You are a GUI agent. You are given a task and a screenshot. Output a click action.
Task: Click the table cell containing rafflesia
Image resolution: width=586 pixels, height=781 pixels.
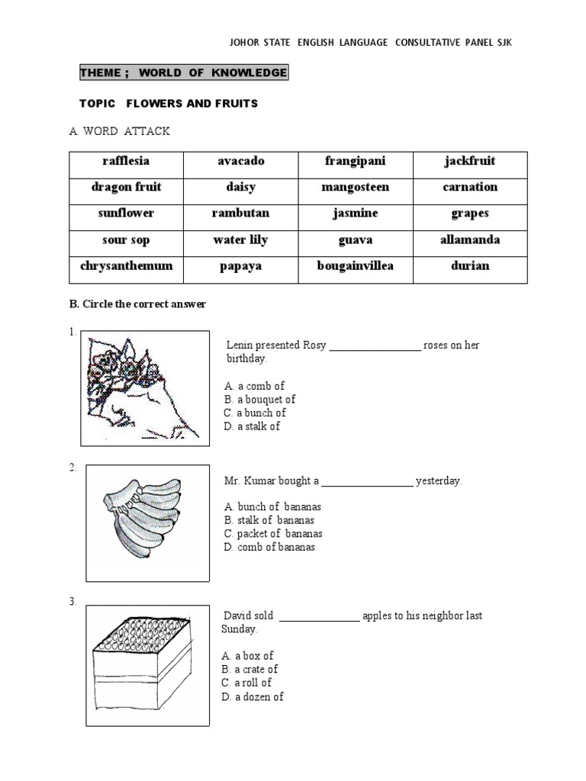point(126,161)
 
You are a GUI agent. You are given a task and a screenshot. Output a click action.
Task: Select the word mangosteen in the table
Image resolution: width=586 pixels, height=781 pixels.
point(355,187)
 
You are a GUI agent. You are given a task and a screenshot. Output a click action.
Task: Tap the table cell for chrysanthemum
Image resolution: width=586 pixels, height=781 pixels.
point(126,266)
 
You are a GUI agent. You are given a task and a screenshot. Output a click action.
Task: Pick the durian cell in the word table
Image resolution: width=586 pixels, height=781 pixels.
point(470,266)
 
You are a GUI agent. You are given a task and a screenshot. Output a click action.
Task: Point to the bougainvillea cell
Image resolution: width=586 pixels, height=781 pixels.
point(355,266)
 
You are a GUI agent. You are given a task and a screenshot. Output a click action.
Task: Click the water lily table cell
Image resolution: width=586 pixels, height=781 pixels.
point(240,240)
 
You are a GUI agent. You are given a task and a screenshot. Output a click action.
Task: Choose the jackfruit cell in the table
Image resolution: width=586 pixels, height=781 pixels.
point(470,161)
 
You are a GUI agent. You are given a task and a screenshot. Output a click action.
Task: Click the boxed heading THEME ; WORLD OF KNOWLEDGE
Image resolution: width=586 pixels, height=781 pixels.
point(184,73)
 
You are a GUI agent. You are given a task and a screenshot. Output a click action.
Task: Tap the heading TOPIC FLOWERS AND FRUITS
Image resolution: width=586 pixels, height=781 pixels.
point(169,103)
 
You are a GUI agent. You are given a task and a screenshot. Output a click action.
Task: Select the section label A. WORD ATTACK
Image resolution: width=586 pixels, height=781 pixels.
point(120,132)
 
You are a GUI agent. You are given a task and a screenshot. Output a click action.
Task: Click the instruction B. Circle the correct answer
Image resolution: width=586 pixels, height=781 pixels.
point(137,304)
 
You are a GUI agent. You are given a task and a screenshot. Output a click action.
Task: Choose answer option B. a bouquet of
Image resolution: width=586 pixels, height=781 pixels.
point(259,400)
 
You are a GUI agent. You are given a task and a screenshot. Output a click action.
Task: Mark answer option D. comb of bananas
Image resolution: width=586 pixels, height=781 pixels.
point(269,547)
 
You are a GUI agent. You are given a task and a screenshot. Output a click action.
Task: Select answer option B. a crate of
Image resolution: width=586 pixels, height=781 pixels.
point(250,670)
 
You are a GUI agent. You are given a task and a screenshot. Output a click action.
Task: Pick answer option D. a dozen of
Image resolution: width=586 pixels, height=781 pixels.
point(253,696)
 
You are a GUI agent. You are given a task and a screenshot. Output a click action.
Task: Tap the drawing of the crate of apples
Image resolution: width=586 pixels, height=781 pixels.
point(144,658)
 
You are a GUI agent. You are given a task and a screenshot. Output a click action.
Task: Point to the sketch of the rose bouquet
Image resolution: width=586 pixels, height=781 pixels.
point(145,387)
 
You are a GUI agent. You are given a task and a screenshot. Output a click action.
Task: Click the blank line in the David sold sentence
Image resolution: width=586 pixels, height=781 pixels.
point(319,616)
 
